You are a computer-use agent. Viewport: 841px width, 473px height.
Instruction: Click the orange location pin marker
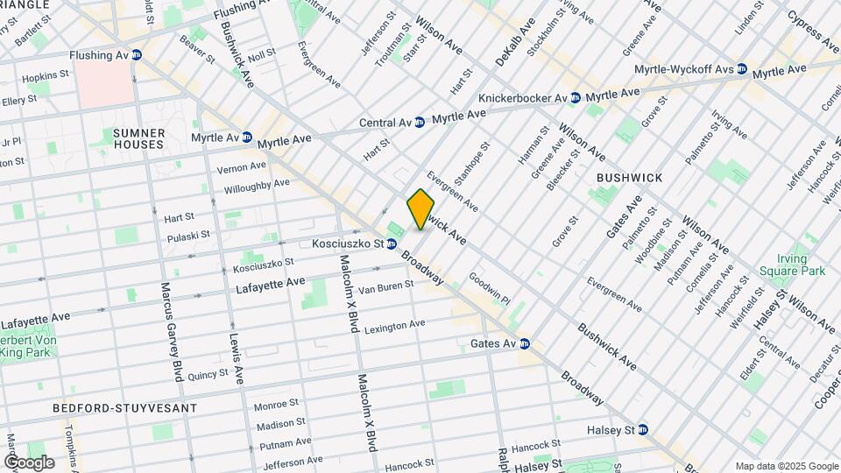420,209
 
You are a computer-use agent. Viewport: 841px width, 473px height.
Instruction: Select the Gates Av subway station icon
524,343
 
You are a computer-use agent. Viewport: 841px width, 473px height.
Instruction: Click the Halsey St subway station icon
643,429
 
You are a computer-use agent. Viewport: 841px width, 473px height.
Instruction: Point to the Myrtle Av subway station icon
247,138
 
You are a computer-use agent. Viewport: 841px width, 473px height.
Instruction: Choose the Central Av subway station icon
420,122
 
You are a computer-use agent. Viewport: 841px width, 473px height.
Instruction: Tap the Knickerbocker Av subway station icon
575,98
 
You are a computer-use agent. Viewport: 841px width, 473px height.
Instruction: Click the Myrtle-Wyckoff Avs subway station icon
741,68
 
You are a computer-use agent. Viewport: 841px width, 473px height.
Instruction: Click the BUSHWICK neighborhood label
629,177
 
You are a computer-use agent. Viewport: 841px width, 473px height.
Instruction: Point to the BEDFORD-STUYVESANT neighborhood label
124,408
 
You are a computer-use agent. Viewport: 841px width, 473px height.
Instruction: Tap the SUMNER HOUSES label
138,138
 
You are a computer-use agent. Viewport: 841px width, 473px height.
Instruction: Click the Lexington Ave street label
394,325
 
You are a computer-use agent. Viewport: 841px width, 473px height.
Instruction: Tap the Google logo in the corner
29,462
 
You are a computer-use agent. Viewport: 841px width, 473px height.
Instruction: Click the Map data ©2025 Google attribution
787,466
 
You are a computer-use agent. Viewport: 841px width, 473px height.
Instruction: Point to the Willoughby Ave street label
257,185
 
